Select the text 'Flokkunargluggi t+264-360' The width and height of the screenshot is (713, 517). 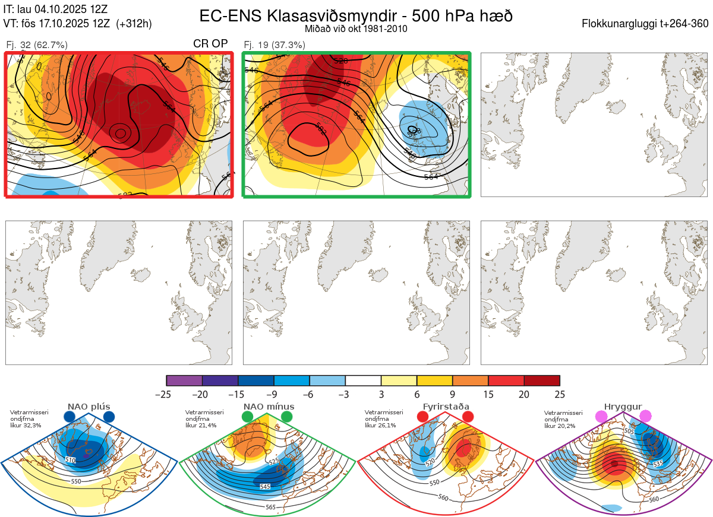point(646,24)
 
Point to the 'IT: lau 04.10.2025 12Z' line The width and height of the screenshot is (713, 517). point(56,9)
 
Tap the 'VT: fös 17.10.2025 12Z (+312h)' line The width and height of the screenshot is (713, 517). point(78,24)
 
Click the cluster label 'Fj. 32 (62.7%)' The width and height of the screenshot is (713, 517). point(36,45)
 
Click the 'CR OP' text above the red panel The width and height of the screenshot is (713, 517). point(211,44)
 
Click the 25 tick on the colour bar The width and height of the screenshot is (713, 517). point(560,394)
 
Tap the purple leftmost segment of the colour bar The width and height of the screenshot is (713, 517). point(184,380)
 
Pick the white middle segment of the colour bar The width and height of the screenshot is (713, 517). point(363,380)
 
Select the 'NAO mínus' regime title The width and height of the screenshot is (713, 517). point(269,407)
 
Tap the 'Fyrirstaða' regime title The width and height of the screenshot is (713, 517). point(446,407)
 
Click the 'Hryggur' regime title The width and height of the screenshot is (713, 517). point(623,407)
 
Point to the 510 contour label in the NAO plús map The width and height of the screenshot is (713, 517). point(71,460)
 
